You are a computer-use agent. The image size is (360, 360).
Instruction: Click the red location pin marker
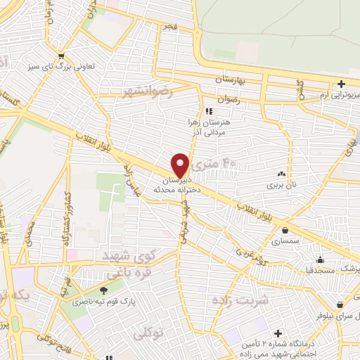(181, 164)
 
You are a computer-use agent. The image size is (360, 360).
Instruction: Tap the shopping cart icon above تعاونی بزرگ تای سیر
(63, 57)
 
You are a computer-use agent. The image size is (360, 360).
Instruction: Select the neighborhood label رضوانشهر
(146, 91)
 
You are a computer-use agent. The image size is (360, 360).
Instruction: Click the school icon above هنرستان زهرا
(208, 111)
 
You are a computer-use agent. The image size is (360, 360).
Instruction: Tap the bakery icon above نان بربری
(282, 174)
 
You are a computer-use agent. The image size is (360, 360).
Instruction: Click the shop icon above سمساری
(285, 230)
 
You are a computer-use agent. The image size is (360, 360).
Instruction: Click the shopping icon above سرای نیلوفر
(340, 305)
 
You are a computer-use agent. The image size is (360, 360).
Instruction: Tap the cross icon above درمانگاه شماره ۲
(278, 333)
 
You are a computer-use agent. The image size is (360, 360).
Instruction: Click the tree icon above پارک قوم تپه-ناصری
(104, 290)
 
